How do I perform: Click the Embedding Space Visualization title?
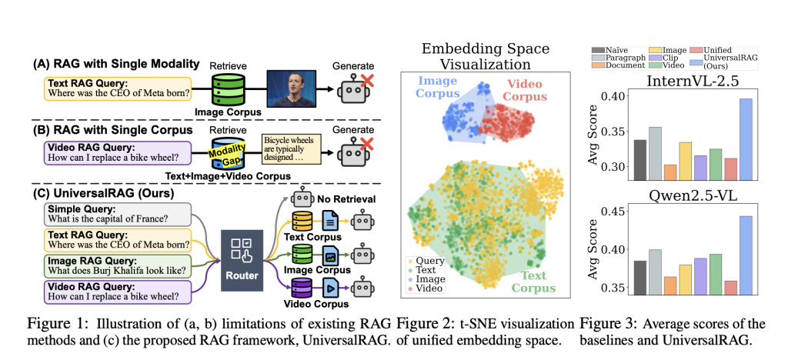click(x=483, y=56)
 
